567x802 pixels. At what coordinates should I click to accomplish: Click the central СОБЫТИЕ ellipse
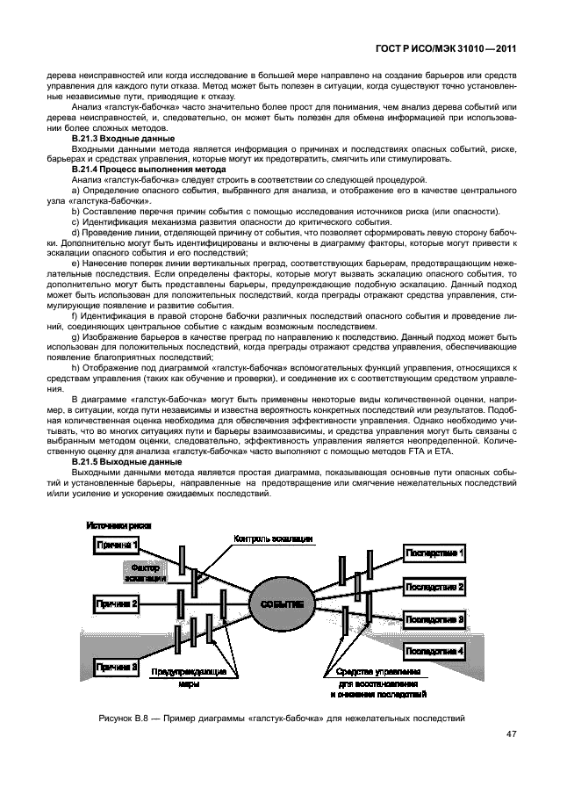point(282,604)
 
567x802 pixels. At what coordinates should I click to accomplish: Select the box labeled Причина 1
point(117,546)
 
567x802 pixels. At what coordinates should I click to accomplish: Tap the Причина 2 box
point(117,603)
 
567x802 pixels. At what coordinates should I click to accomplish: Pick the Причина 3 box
point(117,667)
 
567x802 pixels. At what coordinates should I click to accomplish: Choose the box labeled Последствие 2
point(434,586)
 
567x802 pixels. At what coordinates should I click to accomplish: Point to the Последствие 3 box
point(434,618)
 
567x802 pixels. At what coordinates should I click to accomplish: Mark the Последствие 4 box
point(434,651)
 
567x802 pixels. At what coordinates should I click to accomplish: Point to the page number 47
point(510,735)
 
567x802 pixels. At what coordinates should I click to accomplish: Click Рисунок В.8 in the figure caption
point(127,718)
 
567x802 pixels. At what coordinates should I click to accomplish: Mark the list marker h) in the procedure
point(75,365)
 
